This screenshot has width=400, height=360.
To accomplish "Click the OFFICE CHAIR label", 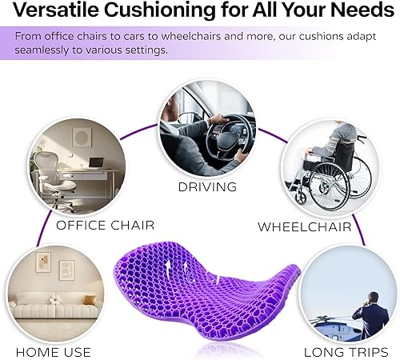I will click(x=105, y=225).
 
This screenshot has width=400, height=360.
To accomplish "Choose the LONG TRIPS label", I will click(x=346, y=352).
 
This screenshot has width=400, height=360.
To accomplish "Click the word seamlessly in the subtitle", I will click(x=39, y=50).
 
